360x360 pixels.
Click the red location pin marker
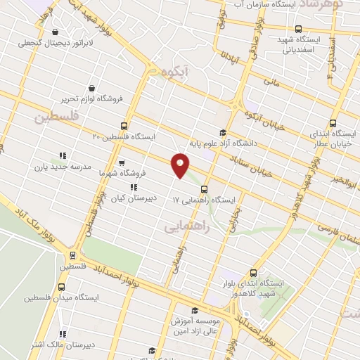(181, 165)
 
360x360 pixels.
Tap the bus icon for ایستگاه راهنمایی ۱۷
(204, 188)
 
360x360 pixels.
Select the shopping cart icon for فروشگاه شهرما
(122, 162)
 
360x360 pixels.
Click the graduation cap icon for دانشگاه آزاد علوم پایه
(223, 132)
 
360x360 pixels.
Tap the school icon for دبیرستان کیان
(134, 187)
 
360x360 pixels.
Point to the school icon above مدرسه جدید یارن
(62, 156)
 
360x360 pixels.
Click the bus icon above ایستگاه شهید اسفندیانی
(299, 29)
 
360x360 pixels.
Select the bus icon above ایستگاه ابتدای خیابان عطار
(333, 122)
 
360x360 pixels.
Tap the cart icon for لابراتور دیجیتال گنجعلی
(56, 32)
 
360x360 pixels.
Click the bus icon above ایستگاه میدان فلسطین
(62, 287)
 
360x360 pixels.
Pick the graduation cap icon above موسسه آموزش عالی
(195, 310)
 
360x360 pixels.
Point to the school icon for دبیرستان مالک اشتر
(62, 334)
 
